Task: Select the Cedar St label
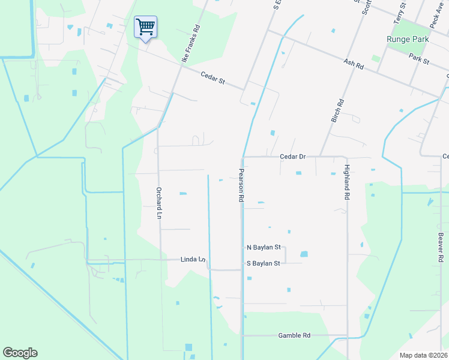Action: point(212,77)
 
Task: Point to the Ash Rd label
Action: point(354,63)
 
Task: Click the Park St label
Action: point(418,61)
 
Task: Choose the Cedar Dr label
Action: point(293,157)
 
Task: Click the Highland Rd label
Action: point(347,182)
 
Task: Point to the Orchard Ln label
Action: point(159,203)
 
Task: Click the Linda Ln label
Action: point(193,260)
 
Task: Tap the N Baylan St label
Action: point(264,247)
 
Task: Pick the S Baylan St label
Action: point(264,263)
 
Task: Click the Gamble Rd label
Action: point(294,335)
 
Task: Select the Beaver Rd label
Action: point(440,246)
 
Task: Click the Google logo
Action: point(20,353)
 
